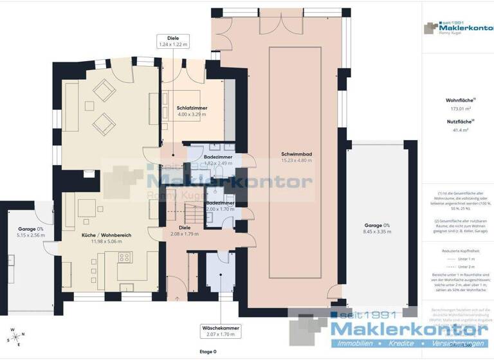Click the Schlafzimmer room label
(192, 108)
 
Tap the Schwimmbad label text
(296, 154)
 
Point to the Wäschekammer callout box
(220, 331)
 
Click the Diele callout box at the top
(172, 41)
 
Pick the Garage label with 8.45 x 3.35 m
(377, 225)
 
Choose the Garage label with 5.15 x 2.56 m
(30, 229)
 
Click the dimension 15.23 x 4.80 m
(296, 161)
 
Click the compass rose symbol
(15, 336)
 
